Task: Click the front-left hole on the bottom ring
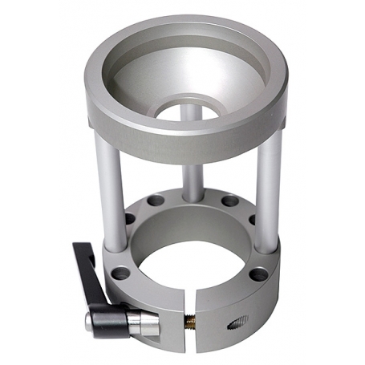pyautogui.click(x=120, y=274)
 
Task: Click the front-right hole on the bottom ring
pyautogui.click(x=258, y=274)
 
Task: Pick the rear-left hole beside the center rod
pyautogui.click(x=156, y=201)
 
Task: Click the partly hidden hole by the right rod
pyautogui.click(x=252, y=219)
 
